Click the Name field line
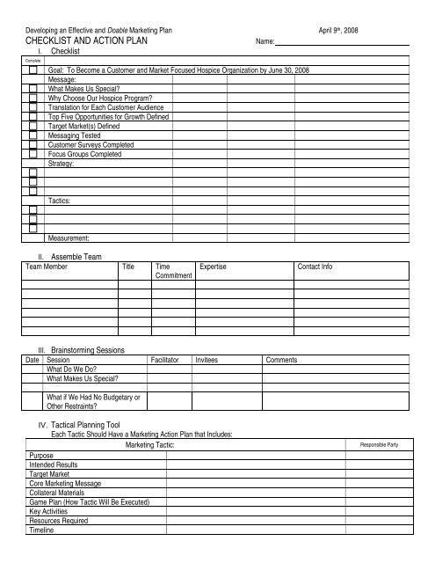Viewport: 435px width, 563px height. click(343, 43)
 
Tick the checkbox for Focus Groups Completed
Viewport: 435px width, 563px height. click(33, 154)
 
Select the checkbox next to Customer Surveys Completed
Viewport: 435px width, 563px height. click(33, 145)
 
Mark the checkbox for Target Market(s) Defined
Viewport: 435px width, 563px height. click(33, 127)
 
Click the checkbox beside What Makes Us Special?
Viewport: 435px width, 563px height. click(33, 89)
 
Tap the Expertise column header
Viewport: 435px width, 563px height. click(214, 265)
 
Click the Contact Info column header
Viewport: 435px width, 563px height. click(315, 265)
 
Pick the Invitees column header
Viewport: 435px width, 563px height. click(208, 360)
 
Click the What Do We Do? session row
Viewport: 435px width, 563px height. click(71, 369)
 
